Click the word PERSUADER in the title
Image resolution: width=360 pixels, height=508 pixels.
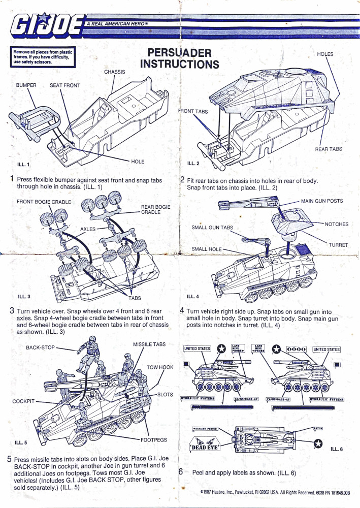point(176,53)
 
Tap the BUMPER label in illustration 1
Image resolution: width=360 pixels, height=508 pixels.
point(25,85)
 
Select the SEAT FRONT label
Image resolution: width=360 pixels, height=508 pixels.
point(64,85)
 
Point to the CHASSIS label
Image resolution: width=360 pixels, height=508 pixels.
point(114,72)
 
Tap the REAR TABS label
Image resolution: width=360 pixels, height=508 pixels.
point(329,149)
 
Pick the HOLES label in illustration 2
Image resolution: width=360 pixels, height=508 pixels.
point(325,54)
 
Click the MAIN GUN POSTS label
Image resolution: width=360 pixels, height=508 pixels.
point(321,201)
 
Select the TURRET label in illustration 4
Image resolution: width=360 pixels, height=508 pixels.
point(338,245)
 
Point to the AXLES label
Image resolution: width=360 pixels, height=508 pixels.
point(88,229)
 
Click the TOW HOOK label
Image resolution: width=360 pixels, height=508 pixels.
point(159,367)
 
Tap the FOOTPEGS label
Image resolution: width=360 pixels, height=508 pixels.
point(153,439)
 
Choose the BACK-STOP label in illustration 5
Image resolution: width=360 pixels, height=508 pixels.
point(40,347)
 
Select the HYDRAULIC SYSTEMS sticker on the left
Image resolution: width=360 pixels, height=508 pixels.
point(198,398)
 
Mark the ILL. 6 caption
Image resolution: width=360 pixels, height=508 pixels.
point(337,449)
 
